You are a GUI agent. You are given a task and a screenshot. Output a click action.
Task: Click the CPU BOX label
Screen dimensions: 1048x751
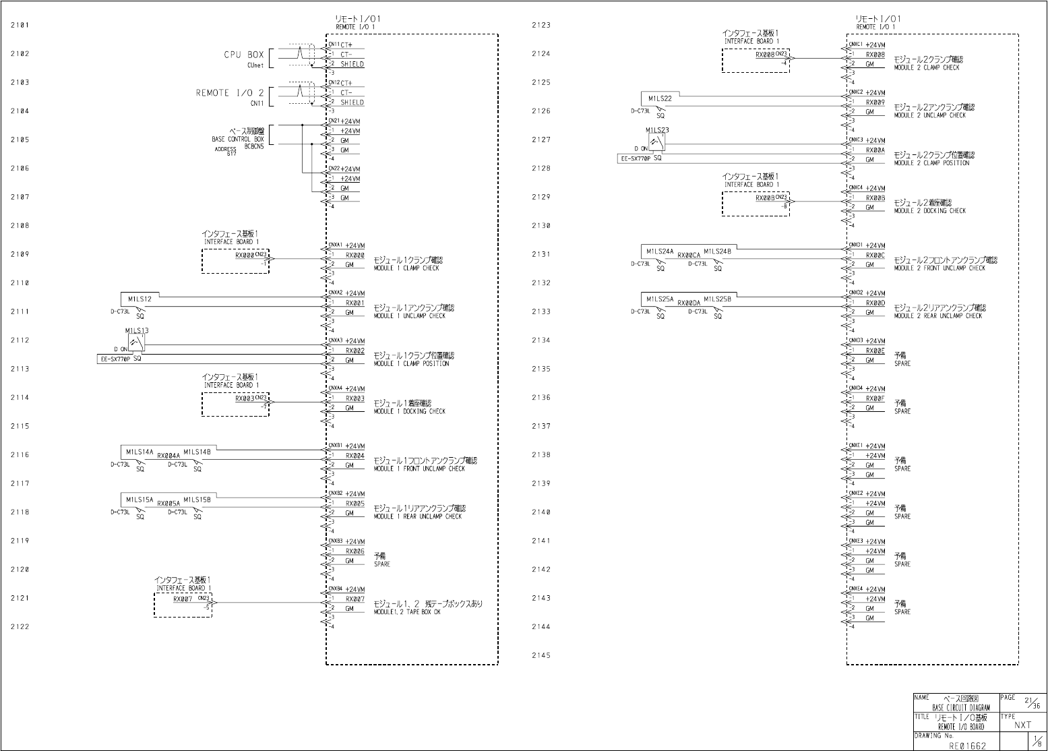[x=244, y=55]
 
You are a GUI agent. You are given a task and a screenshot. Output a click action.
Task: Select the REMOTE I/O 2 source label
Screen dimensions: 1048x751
[x=230, y=93]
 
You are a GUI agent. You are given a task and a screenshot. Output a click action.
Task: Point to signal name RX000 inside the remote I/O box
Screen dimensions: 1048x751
[x=355, y=256]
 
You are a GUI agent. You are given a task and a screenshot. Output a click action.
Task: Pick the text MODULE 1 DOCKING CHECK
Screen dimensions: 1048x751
[x=409, y=411]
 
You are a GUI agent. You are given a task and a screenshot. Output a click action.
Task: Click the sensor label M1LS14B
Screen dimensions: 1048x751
[x=197, y=452]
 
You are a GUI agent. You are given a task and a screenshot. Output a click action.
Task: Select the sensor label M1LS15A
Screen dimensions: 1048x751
[x=140, y=500]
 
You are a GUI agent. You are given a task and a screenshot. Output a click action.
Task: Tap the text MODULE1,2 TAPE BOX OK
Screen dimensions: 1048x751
[x=406, y=612]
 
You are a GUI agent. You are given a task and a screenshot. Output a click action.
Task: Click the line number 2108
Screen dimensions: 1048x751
[x=20, y=226]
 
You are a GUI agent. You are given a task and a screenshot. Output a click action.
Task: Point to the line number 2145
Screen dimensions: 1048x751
[x=541, y=655]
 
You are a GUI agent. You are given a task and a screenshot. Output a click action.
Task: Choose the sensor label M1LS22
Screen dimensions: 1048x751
[x=660, y=98]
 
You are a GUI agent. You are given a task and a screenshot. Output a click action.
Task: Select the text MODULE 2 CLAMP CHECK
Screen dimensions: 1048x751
[x=926, y=67]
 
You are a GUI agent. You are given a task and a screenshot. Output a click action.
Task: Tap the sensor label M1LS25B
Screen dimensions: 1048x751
[x=718, y=298]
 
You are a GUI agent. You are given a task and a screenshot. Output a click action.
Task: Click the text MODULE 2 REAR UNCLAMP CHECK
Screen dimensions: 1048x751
[x=937, y=316]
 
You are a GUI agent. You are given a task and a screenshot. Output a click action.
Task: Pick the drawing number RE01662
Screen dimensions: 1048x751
[x=967, y=746]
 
